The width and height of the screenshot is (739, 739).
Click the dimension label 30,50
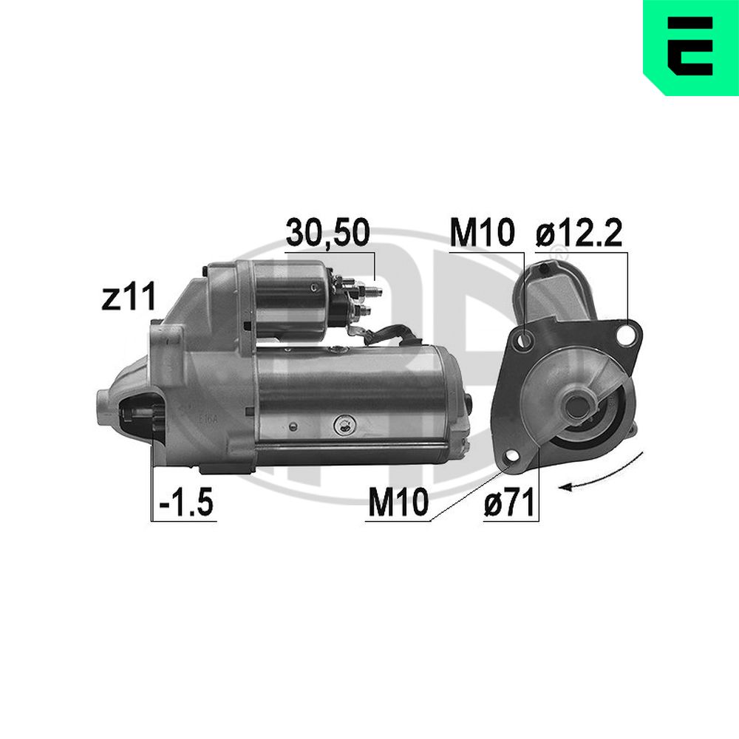coord(327,232)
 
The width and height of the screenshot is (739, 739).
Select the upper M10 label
coord(481,232)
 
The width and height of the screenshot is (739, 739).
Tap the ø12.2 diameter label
coord(579,232)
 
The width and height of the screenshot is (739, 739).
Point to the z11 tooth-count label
coord(128,297)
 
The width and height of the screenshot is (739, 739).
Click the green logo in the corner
coord(691,47)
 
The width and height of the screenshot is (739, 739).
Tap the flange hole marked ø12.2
coord(626,334)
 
